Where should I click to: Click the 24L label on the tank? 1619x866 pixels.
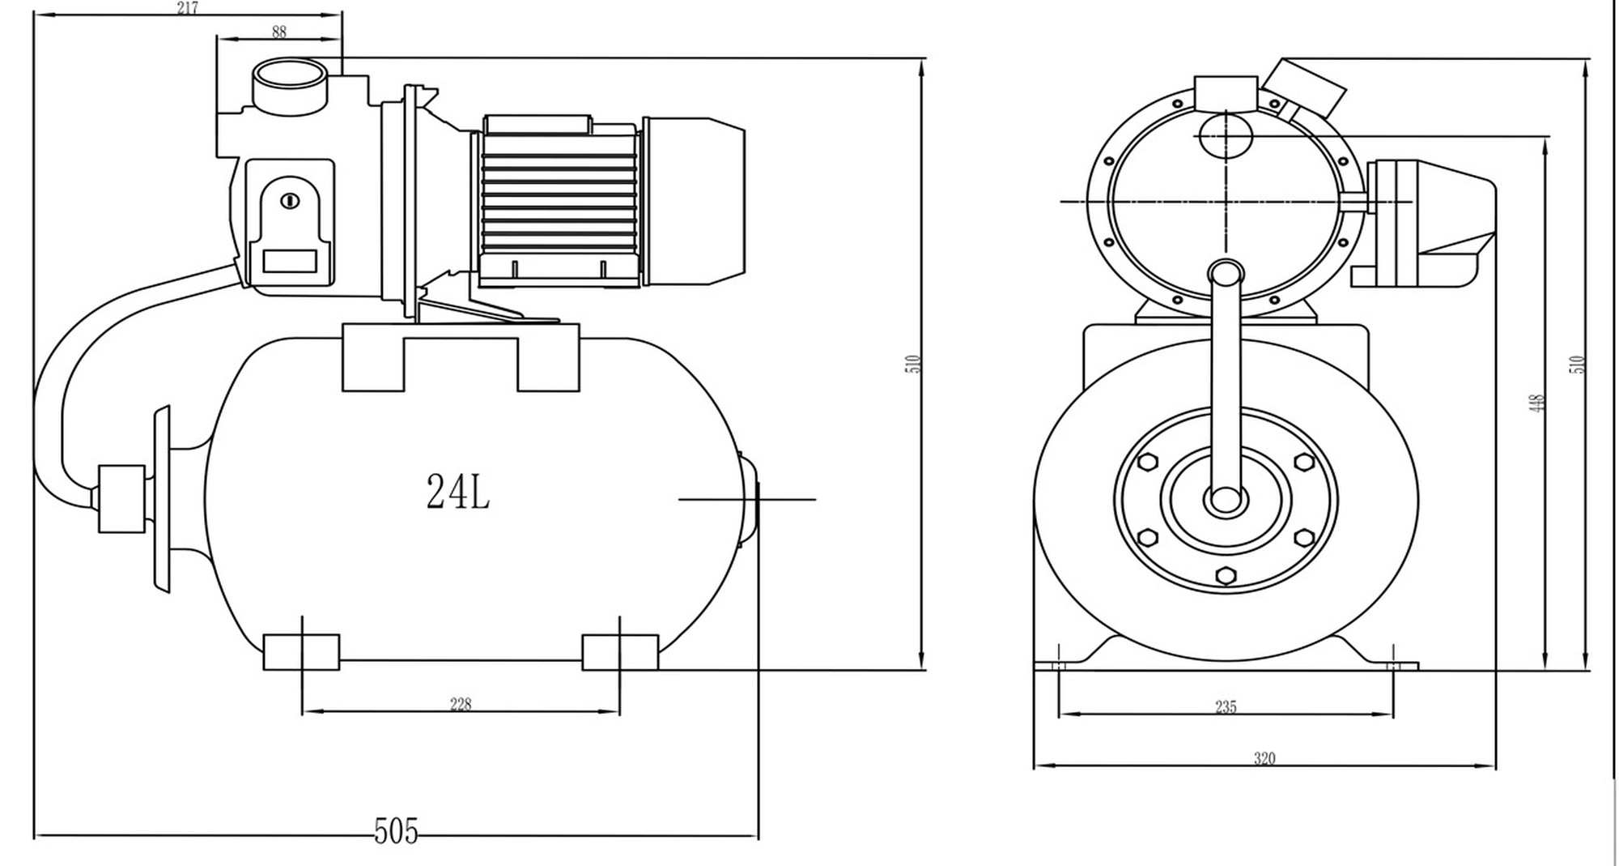(458, 491)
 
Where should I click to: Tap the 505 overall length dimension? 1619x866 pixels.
(396, 832)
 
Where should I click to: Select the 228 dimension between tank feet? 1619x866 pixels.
(461, 704)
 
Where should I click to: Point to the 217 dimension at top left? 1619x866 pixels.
(187, 8)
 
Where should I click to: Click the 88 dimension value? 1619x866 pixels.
(279, 32)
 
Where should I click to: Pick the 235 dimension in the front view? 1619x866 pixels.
(1226, 706)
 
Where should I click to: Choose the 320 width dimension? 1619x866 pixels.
(1264, 758)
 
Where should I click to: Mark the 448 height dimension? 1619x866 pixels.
(1538, 403)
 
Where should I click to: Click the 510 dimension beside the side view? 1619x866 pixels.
(914, 364)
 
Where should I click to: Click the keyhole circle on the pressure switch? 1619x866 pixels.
(290, 201)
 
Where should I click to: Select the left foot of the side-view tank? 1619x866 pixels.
(301, 652)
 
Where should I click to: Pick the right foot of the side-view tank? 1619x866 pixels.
(620, 652)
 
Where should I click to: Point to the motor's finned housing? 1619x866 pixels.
(558, 201)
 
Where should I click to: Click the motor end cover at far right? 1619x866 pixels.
(694, 201)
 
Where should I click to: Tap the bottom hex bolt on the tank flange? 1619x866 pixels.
(1226, 575)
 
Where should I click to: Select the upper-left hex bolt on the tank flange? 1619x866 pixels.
(1148, 463)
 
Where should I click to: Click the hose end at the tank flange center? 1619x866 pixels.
(1226, 500)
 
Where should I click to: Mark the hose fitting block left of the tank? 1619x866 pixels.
(121, 498)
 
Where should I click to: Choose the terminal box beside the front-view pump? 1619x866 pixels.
(1431, 224)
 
